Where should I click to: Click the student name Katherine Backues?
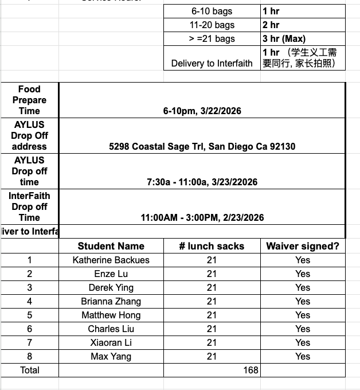point(111,260)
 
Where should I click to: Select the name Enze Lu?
point(111,274)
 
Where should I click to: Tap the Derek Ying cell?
point(111,287)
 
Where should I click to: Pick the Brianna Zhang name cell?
point(111,301)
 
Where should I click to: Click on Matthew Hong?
point(111,315)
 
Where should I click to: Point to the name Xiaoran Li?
point(111,342)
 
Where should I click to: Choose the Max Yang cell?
point(111,356)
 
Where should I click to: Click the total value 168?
point(251,370)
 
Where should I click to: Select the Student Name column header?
point(111,246)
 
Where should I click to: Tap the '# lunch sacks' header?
point(212,246)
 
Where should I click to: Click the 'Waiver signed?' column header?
point(303,246)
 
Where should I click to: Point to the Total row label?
point(30,370)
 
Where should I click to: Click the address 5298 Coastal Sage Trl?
point(202,146)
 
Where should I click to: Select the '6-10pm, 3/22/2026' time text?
point(202,111)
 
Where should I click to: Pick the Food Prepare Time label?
point(29,100)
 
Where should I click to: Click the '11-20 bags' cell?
point(212,25)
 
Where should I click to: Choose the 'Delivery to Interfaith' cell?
point(212,63)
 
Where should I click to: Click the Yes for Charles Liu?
point(303,329)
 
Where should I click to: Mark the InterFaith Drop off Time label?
point(29,206)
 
